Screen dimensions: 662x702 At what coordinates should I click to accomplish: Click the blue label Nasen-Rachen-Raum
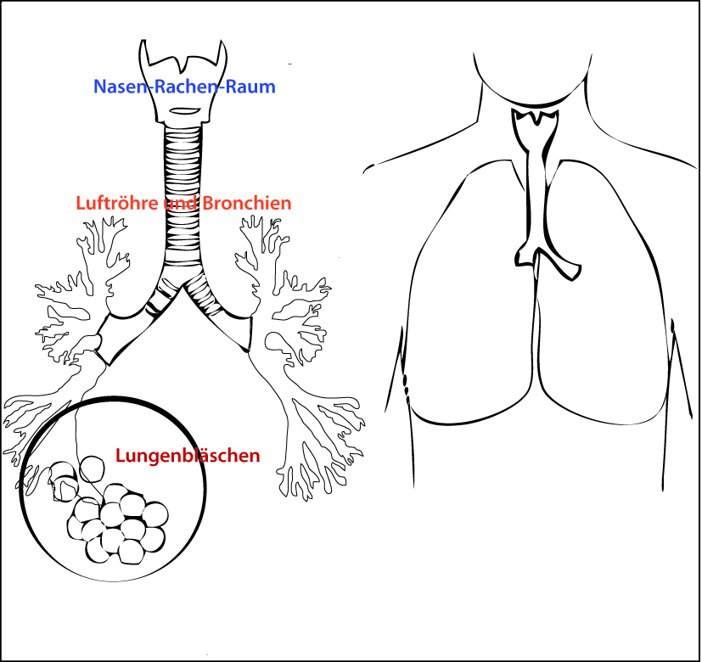184,87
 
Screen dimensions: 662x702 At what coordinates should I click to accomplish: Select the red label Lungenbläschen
187,456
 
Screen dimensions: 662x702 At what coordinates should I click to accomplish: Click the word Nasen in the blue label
116,87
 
